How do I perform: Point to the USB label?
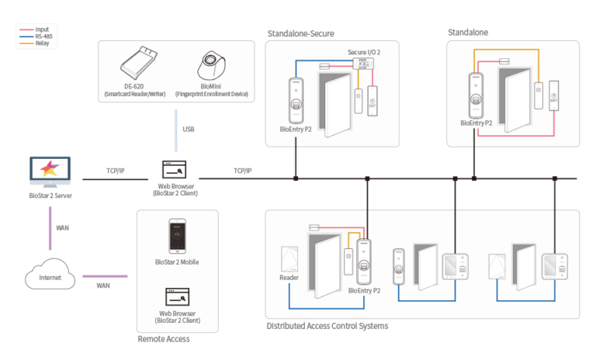(x=189, y=129)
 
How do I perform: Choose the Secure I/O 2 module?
(x=360, y=62)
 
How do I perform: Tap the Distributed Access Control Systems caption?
(x=327, y=326)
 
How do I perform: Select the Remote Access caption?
(x=163, y=339)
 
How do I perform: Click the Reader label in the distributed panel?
(x=289, y=278)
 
